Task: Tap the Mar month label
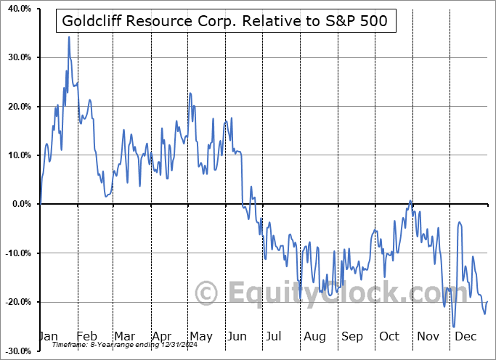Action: coord(124,336)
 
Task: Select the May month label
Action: coord(200,336)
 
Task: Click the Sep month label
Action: coord(352,336)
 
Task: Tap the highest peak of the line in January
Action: coord(69,36)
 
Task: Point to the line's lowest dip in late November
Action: coord(454,327)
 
